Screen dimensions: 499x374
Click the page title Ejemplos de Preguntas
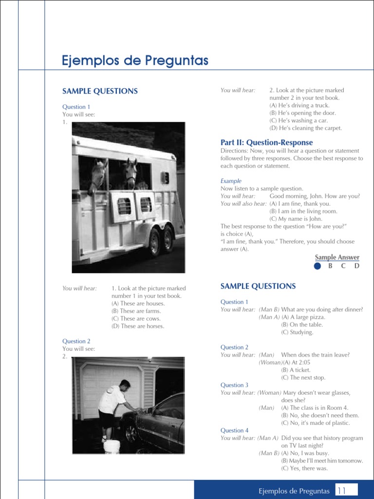pos(135,61)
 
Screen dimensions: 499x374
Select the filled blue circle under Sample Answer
pos(318,266)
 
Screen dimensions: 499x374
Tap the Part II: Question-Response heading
pos(266,142)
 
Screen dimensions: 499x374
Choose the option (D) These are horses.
pos(138,326)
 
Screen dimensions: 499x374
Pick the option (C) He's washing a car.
pos(299,120)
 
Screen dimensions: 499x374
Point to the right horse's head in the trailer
pos(130,173)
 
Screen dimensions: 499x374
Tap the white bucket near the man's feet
pos(112,446)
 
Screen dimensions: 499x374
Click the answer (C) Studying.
pos(297,332)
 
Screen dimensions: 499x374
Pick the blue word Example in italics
pos(231,181)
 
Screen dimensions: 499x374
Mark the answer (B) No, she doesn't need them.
pos(320,415)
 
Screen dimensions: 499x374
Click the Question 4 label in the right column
pos(234,430)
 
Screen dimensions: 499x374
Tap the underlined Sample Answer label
pos(337,257)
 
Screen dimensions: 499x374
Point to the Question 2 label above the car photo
pos(76,341)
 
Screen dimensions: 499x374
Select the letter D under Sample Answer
pos(356,266)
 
